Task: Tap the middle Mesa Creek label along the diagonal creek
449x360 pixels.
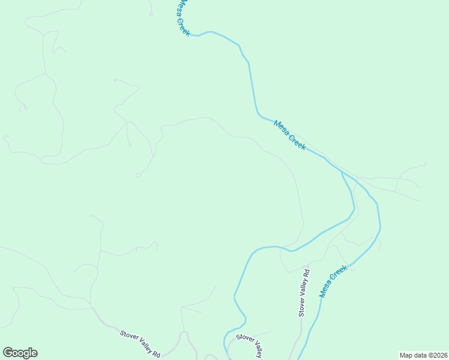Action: click(x=289, y=135)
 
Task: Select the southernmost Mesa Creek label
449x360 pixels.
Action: click(x=334, y=281)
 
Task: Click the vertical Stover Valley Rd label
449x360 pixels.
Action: click(x=304, y=293)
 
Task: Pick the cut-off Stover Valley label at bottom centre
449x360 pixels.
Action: click(x=250, y=345)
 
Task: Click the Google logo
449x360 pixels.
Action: click(x=20, y=353)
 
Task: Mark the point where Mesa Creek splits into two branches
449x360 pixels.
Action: click(x=342, y=172)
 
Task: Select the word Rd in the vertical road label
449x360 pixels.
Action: click(x=305, y=274)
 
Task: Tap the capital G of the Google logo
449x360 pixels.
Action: click(x=8, y=353)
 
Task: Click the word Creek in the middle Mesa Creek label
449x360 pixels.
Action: click(x=297, y=142)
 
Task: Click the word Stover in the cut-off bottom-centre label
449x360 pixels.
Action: click(x=244, y=339)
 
